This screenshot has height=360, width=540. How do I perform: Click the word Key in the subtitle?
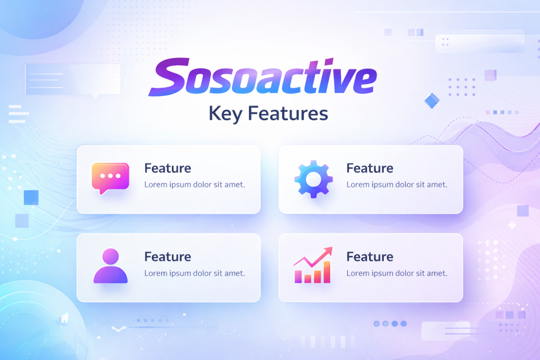click(x=226, y=113)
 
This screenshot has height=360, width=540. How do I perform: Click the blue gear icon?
click(x=313, y=180)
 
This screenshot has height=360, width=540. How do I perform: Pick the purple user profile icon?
click(x=110, y=266)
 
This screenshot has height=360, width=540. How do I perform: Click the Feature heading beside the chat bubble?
click(x=168, y=169)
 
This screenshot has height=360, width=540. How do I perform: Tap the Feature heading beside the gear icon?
click(x=370, y=169)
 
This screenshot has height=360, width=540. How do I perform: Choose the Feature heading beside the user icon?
click(x=168, y=257)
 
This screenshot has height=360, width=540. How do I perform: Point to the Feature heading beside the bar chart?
click(x=370, y=257)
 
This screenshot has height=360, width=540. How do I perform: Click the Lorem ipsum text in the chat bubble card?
click(x=195, y=185)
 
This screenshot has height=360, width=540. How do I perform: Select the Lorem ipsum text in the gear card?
click(x=397, y=185)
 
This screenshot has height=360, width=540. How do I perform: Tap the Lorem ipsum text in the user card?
click(x=195, y=274)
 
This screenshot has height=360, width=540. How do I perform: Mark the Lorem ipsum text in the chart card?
click(x=397, y=274)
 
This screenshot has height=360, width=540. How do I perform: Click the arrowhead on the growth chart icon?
click(x=329, y=250)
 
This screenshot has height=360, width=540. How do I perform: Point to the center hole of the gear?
click(x=313, y=180)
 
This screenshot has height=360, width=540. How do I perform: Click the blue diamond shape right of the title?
click(x=432, y=100)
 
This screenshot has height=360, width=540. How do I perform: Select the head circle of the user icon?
click(x=110, y=257)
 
